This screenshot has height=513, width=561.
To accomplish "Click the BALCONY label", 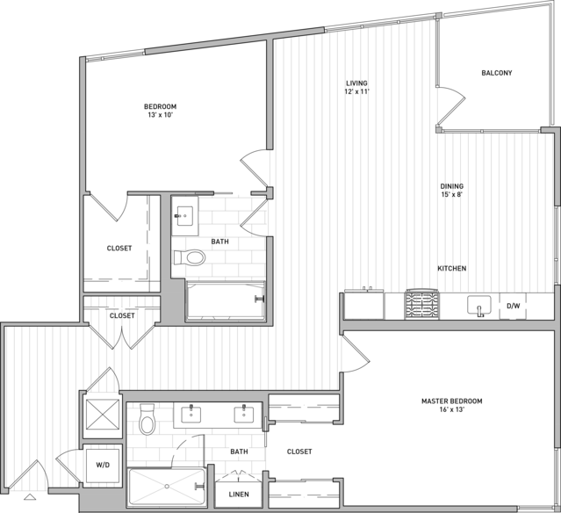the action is [x=497, y=73].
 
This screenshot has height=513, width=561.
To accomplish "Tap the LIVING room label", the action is [x=356, y=83].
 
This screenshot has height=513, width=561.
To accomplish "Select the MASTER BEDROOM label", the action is [x=451, y=401].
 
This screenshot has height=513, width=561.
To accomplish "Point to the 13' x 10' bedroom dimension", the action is [x=160, y=115].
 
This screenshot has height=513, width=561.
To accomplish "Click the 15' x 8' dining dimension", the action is [x=451, y=195].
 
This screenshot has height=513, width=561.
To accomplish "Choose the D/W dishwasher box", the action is [x=513, y=306].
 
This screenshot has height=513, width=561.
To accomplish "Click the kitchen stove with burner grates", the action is [x=421, y=304].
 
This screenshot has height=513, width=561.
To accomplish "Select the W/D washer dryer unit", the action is [x=103, y=465].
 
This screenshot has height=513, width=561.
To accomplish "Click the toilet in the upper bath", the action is [x=190, y=257].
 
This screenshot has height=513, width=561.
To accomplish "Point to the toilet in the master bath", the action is [x=147, y=419].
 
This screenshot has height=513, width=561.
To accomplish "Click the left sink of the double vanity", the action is [x=191, y=415].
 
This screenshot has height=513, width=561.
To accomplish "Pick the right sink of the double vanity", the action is [x=244, y=415].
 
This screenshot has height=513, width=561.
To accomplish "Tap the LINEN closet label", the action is [x=239, y=495].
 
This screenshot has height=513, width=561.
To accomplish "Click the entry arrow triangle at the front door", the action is [x=30, y=497].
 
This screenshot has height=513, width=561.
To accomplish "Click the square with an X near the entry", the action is [x=103, y=414].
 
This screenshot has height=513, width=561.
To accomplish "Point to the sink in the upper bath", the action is [x=184, y=216].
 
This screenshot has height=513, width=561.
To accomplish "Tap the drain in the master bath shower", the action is [x=167, y=486].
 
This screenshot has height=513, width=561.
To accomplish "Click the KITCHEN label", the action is [x=452, y=269].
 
